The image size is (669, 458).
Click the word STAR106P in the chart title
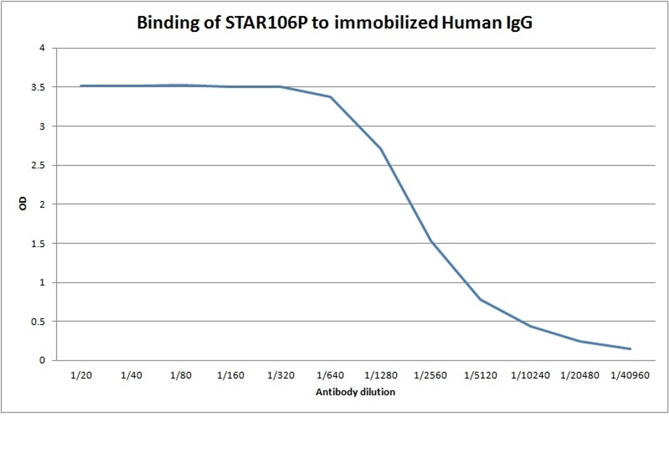tap(266, 23)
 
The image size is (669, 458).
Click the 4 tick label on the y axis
tap(42, 48)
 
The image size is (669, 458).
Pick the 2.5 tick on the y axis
tap(38, 166)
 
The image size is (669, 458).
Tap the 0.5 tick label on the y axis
tap(38, 322)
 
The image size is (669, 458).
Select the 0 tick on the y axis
tap(42, 360)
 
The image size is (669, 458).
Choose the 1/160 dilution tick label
tap(231, 375)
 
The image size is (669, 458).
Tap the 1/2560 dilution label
tap(430, 375)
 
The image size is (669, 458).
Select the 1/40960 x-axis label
tap(630, 375)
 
